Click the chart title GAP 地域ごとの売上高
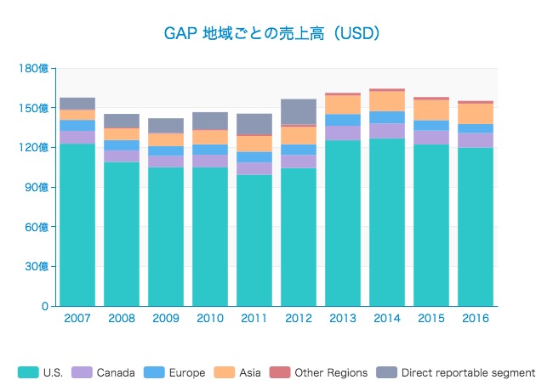[271, 34]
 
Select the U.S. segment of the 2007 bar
[77, 224]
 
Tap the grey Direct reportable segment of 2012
[299, 111]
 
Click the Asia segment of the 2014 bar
[387, 100]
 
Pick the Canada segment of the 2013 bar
[343, 133]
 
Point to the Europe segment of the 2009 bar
[166, 150]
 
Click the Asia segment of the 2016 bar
[476, 113]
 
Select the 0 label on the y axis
[46, 306]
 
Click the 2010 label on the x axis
[210, 319]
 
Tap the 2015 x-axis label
[431, 319]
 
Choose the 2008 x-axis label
[122, 319]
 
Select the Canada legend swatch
[83, 372]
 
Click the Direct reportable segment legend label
[468, 372]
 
